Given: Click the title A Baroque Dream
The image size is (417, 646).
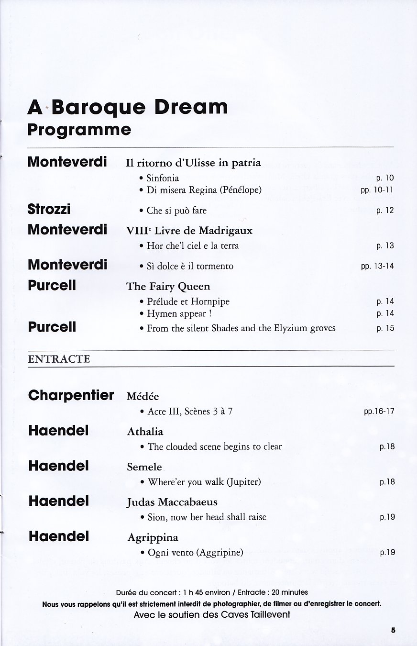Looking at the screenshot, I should pos(128,108).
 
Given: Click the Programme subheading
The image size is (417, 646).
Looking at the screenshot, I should pos(79,130).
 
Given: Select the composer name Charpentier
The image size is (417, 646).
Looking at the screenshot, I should pos(71,396).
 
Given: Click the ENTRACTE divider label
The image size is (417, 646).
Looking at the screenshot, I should pos(59,359).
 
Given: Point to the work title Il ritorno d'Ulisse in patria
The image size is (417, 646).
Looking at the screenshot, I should pos(193,163).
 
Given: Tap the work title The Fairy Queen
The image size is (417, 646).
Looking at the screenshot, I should pos(168,286).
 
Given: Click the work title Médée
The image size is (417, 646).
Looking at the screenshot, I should pos(143,396).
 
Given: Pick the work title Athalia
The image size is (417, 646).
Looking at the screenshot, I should pos(145,432).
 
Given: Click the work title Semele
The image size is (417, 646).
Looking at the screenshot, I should pos(144,467).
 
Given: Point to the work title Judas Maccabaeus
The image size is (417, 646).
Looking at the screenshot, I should pos(172,502).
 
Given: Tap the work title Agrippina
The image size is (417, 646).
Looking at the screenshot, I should pos(153,537).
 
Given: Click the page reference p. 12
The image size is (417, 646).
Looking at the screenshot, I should pos(385,211).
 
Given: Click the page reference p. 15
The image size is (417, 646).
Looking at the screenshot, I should pos(385,328).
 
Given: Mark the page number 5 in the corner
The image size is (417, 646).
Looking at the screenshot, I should pos(393,630).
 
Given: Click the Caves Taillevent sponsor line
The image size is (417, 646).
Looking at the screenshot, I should pos(212,614).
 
